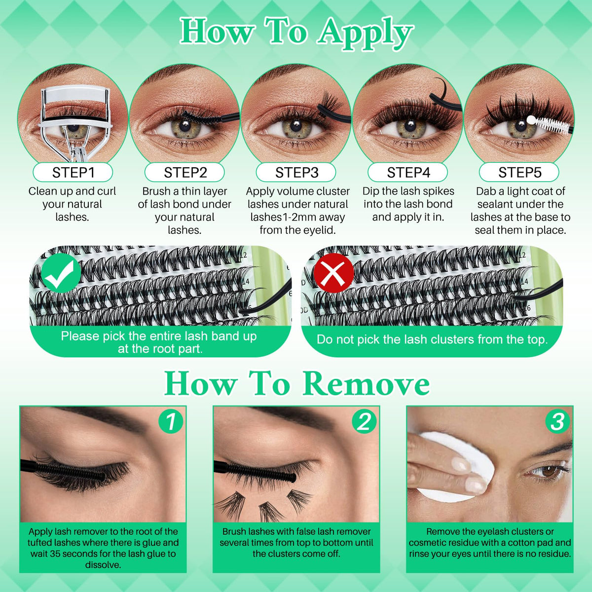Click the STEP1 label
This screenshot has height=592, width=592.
[x=73, y=173]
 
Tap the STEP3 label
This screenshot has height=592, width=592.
[x=296, y=173]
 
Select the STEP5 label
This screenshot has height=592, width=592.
[x=519, y=173]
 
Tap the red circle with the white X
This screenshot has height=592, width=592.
[x=333, y=273]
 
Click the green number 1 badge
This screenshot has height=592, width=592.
[x=171, y=421]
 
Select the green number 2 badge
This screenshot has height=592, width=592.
[x=364, y=421]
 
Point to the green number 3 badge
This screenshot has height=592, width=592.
[x=557, y=421]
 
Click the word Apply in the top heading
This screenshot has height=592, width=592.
[x=365, y=35]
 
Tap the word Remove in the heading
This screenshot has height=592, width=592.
[x=366, y=384]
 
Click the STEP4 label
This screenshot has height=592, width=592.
[x=408, y=173]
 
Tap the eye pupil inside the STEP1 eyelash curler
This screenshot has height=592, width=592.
[x=73, y=127]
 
